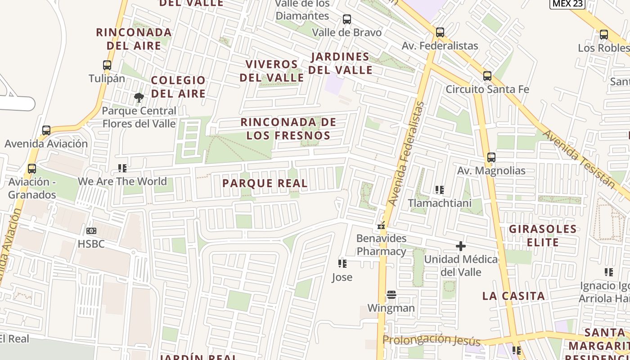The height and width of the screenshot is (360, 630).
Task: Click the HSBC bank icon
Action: pyautogui.click(x=91, y=231)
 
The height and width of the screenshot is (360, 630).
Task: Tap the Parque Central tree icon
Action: pyautogui.click(x=139, y=97)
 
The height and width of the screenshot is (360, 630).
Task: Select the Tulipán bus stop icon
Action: pyautogui.click(x=107, y=65)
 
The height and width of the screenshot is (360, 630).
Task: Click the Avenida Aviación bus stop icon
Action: pyautogui.click(x=46, y=130)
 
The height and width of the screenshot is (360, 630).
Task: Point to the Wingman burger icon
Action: pyautogui.click(x=391, y=295)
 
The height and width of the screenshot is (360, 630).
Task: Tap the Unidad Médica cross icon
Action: pyautogui.click(x=461, y=246)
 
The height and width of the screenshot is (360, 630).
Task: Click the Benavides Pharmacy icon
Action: pyautogui.click(x=382, y=225)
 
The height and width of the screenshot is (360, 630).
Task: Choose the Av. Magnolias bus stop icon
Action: pyautogui.click(x=491, y=157)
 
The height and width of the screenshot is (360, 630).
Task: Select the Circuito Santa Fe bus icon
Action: pyautogui.click(x=487, y=76)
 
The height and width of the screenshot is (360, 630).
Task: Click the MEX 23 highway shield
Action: pyautogui.click(x=567, y=4)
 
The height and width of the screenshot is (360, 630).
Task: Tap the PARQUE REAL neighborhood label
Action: pyautogui.click(x=265, y=183)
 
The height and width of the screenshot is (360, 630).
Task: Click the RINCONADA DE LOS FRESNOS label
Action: pyautogui.click(x=288, y=129)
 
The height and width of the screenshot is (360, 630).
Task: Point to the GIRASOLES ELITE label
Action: pyautogui.click(x=543, y=236)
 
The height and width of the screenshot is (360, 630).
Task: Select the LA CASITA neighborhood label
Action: pyautogui.click(x=513, y=296)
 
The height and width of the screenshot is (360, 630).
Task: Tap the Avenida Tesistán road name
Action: pyautogui.click(x=579, y=159)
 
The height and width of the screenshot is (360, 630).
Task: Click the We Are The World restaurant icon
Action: pyautogui.click(x=122, y=168)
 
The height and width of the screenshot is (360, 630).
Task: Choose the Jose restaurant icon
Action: pyautogui.click(x=342, y=264)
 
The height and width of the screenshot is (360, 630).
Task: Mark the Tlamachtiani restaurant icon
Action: pyautogui.click(x=440, y=190)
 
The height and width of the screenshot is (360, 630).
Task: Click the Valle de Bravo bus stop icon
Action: pyautogui.click(x=347, y=19)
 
